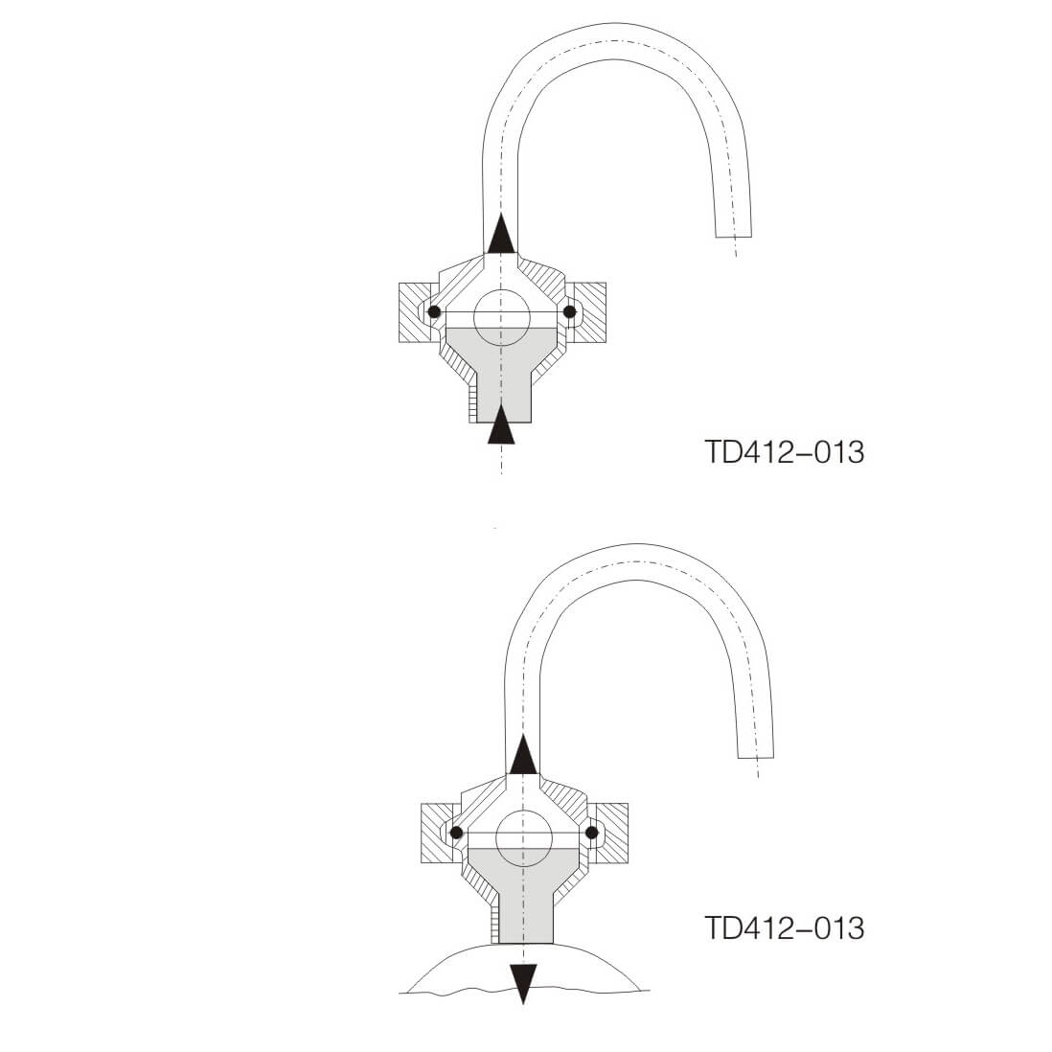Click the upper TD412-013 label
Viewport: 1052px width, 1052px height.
tap(784, 451)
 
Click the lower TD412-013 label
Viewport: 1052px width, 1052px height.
tap(784, 927)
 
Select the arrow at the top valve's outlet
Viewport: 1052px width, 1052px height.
tap(501, 235)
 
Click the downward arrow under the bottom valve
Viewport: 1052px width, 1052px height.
tap(523, 983)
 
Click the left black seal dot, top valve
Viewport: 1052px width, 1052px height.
tap(434, 312)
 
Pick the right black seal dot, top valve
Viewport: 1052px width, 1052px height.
tap(570, 312)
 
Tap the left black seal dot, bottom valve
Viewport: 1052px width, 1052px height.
tap(457, 832)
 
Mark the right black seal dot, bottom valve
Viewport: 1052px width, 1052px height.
tap(592, 832)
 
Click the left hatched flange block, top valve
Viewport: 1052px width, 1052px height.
tap(413, 312)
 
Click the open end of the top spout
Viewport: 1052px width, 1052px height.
tap(734, 236)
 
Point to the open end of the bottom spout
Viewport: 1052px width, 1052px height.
tap(756, 755)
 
